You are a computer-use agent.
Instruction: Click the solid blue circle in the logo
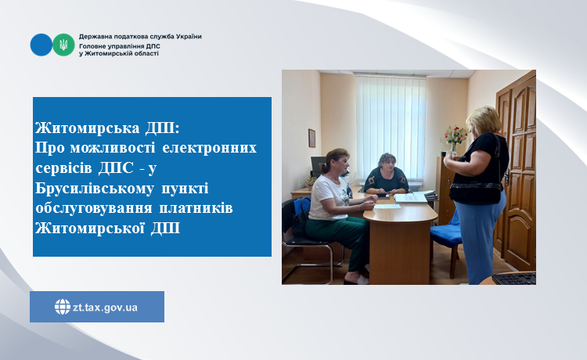pyautogui.click(x=41, y=45)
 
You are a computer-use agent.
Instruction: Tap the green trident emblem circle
pyautogui.click(x=63, y=45)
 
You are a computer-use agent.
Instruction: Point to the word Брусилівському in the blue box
pyautogui.click(x=95, y=189)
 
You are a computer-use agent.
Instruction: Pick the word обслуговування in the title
pyautogui.click(x=94, y=208)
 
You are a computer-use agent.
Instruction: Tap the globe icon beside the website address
pyautogui.click(x=63, y=307)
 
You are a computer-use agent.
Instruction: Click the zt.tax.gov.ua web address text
pyautogui.click(x=105, y=308)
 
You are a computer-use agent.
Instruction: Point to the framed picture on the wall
pyautogui.click(x=312, y=138)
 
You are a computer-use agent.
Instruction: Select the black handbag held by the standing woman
pyautogui.click(x=475, y=191)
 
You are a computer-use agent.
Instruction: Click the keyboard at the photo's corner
pyautogui.click(x=513, y=279)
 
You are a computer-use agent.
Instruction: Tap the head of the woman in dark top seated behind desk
pyautogui.click(x=387, y=162)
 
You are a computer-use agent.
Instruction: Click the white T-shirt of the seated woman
pyautogui.click(x=328, y=197)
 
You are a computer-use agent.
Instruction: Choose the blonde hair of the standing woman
pyautogui.click(x=483, y=120)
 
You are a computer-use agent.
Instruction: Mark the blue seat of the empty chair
pyautogui.click(x=446, y=235)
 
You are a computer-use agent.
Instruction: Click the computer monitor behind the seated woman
pyautogui.click(x=318, y=166)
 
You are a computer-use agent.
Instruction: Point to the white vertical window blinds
pyautogui.click(x=390, y=128)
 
